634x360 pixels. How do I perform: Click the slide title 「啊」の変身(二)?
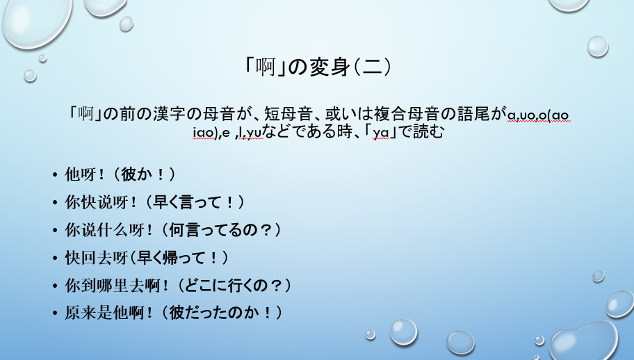[x=317, y=67]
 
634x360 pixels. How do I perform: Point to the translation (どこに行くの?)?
[x=222, y=285]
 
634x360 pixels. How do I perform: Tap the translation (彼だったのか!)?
[x=211, y=313]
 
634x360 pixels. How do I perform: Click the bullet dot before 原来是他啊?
[x=55, y=313]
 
